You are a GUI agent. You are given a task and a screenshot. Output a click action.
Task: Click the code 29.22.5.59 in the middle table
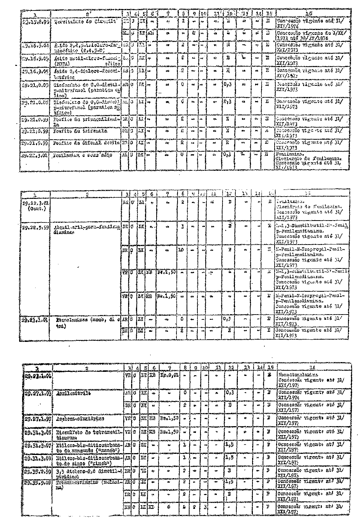click(x=34, y=228)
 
